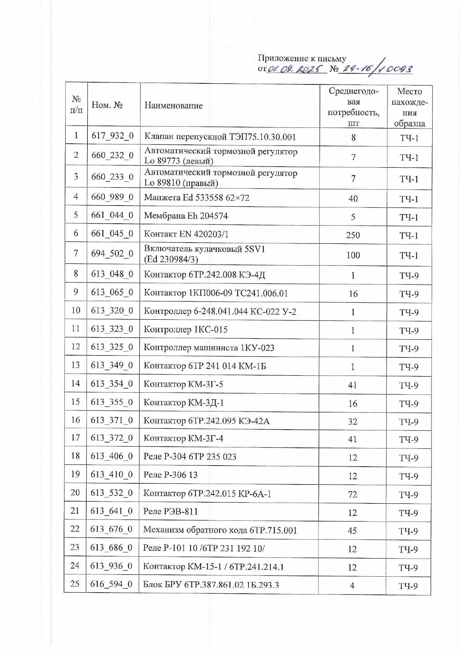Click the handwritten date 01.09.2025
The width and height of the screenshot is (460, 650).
coord(296,69)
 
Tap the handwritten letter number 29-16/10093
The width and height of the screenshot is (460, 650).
coord(376,69)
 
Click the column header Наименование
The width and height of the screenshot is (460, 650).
coord(173,106)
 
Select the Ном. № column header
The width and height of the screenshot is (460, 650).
coord(107,105)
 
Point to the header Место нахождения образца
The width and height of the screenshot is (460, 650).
coord(409,107)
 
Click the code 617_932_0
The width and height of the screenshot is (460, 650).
coord(113,136)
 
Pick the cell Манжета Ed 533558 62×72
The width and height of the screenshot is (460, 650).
coord(197,197)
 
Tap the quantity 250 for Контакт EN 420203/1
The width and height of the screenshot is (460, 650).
coord(353,235)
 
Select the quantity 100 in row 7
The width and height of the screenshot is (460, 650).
coord(353,255)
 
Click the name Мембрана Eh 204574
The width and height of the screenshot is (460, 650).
coord(186,216)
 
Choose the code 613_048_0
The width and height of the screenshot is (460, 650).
coord(112,274)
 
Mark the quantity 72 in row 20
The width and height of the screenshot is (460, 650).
coord(352,494)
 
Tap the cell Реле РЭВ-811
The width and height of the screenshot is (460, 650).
coord(171,511)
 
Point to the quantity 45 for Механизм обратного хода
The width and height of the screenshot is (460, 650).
coord(352,531)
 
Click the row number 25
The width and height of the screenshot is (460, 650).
coord(75,584)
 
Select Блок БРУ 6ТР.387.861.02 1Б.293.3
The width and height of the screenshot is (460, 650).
coord(211,585)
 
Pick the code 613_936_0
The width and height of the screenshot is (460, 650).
coord(111,566)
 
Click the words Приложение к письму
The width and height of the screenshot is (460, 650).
coord(302,59)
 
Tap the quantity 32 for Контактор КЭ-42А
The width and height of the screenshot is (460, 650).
coord(353,421)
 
